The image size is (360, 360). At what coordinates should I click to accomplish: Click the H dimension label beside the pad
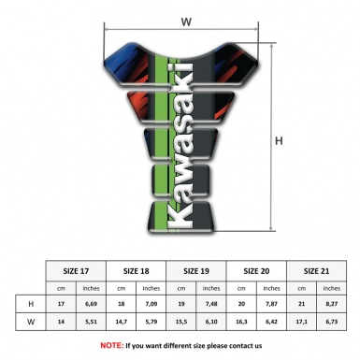point(279,141)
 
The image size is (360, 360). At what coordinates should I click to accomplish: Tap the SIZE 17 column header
point(77,269)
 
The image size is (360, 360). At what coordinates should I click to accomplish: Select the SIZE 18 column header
point(137,269)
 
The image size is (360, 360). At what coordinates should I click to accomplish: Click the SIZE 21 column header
point(317,269)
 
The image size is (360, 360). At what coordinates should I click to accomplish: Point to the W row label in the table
point(31,323)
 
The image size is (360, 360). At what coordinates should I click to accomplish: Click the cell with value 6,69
point(92,305)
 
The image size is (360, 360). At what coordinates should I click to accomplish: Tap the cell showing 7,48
point(212,305)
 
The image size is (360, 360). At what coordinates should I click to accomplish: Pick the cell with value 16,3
point(242,323)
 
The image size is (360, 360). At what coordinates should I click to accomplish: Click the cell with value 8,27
point(332,305)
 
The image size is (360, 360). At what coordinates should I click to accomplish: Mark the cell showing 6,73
point(332,323)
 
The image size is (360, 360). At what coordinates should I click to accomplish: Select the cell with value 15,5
point(181,323)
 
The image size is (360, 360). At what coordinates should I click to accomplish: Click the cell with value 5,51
point(92,323)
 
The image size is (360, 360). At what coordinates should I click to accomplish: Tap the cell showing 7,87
point(272,305)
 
